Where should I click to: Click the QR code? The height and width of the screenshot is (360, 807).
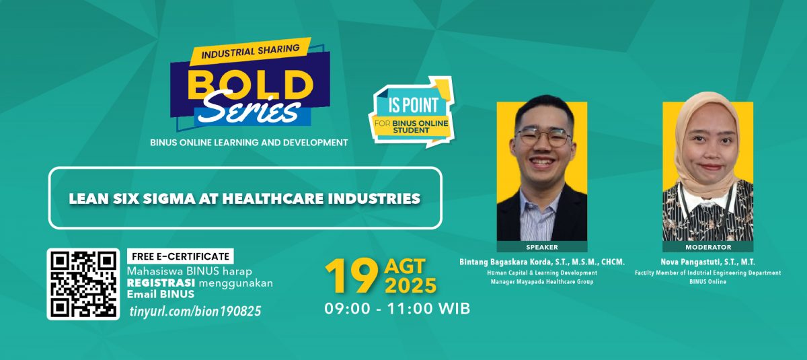click(83, 284)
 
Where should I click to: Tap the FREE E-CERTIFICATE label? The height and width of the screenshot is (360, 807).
click(180, 256)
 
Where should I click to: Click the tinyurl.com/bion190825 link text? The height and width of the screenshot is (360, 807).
click(195, 312)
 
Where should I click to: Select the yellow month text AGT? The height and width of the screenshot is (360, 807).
click(405, 266)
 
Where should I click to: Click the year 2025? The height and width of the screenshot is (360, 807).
click(410, 286)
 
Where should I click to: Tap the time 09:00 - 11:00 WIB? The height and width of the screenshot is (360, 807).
click(397, 309)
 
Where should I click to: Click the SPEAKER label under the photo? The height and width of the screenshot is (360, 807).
click(542, 247)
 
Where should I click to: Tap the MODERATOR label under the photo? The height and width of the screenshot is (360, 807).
click(708, 247)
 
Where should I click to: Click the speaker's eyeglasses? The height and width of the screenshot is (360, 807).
click(543, 137)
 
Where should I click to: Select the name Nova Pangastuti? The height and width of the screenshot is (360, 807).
click(689, 262)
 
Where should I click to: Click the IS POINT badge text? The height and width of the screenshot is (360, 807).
click(413, 105)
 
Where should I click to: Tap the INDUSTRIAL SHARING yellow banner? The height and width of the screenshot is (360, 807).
click(250, 51)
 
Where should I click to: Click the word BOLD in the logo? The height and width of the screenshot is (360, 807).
click(250, 84)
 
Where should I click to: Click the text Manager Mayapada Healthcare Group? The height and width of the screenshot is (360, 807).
click(542, 282)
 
